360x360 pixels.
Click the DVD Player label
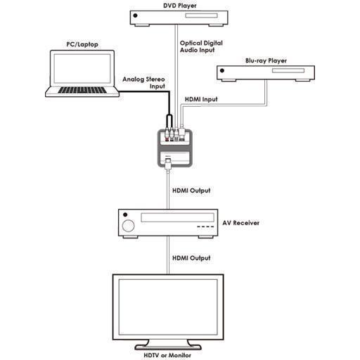click(x=180, y=6)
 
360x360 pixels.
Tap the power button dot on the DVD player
click(x=135, y=15)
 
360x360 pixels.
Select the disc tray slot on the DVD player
click(x=201, y=15)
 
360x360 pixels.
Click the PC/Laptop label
click(x=82, y=44)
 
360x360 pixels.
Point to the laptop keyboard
click(x=82, y=90)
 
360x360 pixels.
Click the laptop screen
click(x=82, y=68)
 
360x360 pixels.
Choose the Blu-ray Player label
click(x=266, y=60)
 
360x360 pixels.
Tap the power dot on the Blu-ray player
click(x=222, y=70)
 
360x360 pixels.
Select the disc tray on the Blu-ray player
click(x=288, y=70)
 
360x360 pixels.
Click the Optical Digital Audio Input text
click(x=201, y=46)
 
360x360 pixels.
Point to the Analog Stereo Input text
click(x=143, y=83)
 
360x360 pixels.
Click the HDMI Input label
click(x=201, y=99)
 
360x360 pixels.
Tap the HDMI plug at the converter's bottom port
click(x=168, y=164)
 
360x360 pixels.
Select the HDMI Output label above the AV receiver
click(x=191, y=191)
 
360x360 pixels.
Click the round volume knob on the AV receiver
click(x=128, y=226)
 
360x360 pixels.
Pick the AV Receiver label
click(x=240, y=223)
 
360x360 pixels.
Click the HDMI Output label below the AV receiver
click(x=191, y=258)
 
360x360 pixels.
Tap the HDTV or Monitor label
click(x=167, y=355)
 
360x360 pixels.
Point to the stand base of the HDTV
click(x=168, y=347)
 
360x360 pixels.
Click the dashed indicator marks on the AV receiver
click(x=205, y=226)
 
